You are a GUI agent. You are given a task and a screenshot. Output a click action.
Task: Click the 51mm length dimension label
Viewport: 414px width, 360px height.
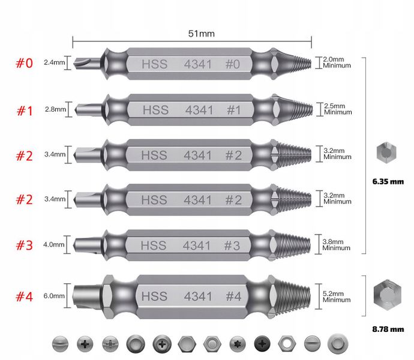coord(201,34)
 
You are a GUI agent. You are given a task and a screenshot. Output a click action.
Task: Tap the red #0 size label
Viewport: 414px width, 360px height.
coord(24,64)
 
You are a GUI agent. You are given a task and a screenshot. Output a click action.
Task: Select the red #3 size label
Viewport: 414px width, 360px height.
coord(24,245)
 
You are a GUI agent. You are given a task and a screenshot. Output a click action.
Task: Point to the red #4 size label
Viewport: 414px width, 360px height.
coord(24,296)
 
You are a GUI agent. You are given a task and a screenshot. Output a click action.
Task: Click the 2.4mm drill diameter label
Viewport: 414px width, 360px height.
coord(54,62)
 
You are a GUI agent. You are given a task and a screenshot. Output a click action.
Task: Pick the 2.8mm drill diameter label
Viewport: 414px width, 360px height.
coord(55,109)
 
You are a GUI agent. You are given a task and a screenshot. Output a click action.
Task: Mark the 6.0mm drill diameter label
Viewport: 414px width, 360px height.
coord(54,296)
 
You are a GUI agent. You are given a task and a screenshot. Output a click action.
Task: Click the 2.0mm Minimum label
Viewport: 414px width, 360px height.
coord(337,62)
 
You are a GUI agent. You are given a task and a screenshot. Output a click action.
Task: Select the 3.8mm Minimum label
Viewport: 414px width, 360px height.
coord(336,245)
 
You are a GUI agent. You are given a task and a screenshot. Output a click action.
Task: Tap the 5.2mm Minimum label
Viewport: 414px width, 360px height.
coord(337,296)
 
